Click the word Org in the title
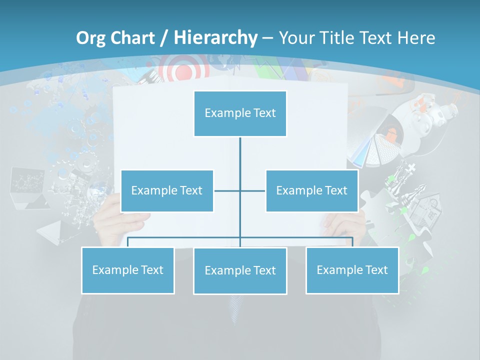(90, 38)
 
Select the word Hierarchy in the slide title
(215, 38)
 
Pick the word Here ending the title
(416, 38)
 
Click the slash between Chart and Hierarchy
(164, 38)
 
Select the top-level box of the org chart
(240, 113)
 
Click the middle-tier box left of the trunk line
(167, 190)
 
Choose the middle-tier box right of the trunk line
(311, 190)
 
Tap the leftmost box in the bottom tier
(127, 270)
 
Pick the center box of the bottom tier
(240, 270)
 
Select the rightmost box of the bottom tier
(352, 270)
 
